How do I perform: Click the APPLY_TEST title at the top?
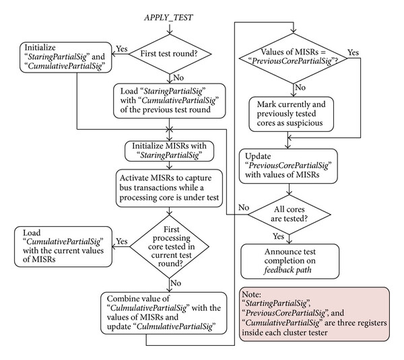pyautogui.click(x=168, y=17)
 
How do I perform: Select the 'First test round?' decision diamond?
pyautogui.click(x=170, y=54)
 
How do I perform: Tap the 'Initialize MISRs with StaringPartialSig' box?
pyautogui.click(x=169, y=151)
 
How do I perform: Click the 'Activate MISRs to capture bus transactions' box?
pyautogui.click(x=169, y=188)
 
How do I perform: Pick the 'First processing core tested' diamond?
pyautogui.click(x=170, y=246)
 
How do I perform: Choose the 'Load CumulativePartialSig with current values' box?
pyautogui.click(x=63, y=246)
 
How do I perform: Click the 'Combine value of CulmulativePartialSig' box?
pyautogui.click(x=164, y=313)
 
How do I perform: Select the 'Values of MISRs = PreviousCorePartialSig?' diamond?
pyautogui.click(x=293, y=58)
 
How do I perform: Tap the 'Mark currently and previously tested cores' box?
pyautogui.click(x=292, y=114)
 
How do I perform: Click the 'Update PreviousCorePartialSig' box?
pyautogui.click(x=288, y=166)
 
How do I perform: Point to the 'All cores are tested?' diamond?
pyautogui.click(x=290, y=215)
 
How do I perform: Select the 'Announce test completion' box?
pyautogui.click(x=290, y=261)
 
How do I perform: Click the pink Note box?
pyautogui.click(x=314, y=314)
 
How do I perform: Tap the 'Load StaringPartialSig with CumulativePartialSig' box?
pyautogui.click(x=170, y=101)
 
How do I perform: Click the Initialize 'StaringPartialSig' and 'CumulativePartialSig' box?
pyautogui.click(x=66, y=57)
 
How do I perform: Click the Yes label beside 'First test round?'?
pyautogui.click(x=122, y=48)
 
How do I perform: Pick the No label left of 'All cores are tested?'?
pyautogui.click(x=244, y=207)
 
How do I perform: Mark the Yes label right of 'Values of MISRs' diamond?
pyautogui.click(x=353, y=52)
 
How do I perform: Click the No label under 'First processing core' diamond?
pyautogui.click(x=176, y=283)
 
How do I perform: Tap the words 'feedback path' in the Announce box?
pyautogui.click(x=288, y=270)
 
